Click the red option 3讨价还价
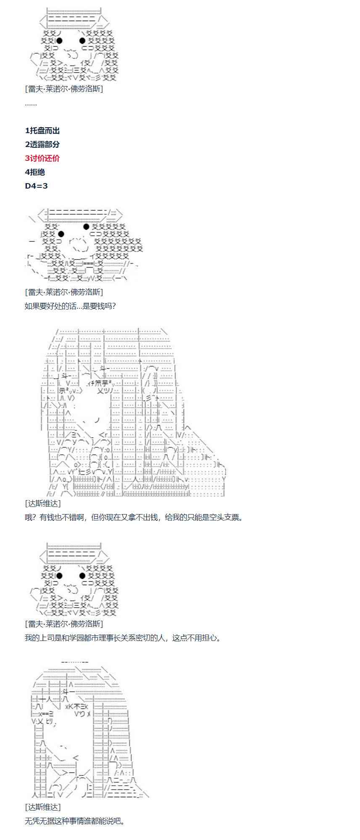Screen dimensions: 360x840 tap(42, 158)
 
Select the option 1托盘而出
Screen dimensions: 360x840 tap(42, 131)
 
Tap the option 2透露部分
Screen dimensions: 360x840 tap(42, 144)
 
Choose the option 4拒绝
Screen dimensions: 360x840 tap(35, 172)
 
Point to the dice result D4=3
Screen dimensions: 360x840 tap(36, 186)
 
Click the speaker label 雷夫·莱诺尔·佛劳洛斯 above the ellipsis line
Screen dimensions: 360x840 tap(64, 89)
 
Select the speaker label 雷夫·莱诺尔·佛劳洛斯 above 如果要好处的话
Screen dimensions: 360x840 tap(64, 292)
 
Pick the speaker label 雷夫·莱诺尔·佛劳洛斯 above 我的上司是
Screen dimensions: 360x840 tap(64, 624)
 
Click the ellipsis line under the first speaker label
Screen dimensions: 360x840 tap(31, 103)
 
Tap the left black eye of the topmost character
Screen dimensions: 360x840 tap(59, 41)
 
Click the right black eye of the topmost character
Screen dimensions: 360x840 tap(82, 41)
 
